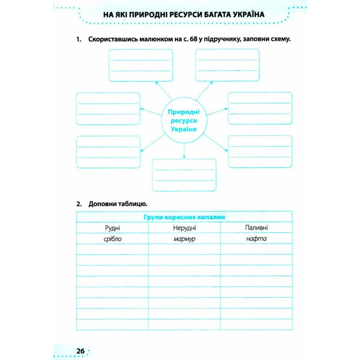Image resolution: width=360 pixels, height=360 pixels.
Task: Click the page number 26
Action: pos(81,351)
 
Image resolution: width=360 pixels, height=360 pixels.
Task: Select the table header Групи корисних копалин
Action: pos(184,217)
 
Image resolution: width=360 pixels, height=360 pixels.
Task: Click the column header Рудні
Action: pos(112,228)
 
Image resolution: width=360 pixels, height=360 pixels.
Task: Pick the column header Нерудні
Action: pos(184,228)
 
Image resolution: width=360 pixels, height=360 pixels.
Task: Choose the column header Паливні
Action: pos(256,228)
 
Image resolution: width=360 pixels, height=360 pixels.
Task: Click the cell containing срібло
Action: pos(112,238)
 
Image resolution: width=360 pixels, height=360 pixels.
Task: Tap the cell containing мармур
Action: pos(184,238)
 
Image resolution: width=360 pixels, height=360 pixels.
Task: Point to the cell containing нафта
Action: pos(256,238)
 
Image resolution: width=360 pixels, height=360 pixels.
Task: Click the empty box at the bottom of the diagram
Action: pos(184,175)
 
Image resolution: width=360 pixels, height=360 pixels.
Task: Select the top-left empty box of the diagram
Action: pos(140,65)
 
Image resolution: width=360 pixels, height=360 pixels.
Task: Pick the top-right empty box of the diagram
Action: pos(227,65)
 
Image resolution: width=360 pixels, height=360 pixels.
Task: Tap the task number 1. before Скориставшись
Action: pos(79,40)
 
